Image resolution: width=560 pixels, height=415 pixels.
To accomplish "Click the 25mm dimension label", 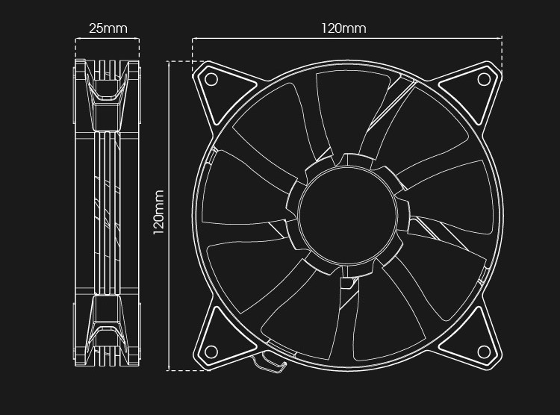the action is pos(108,28).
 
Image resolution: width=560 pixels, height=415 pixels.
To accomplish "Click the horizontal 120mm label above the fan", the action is pos(343,28).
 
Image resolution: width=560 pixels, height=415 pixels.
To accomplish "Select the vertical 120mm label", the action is pos(158,212).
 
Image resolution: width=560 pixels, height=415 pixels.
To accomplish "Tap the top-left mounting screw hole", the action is pos(211,79).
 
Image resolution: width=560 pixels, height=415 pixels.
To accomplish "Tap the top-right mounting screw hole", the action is pos(484,79).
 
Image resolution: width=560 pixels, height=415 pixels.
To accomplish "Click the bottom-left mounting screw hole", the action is pos(211,352).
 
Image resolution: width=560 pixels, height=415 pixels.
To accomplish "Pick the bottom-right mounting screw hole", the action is pos(484,352).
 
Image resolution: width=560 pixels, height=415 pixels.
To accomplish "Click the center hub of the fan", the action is pos(347,216).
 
